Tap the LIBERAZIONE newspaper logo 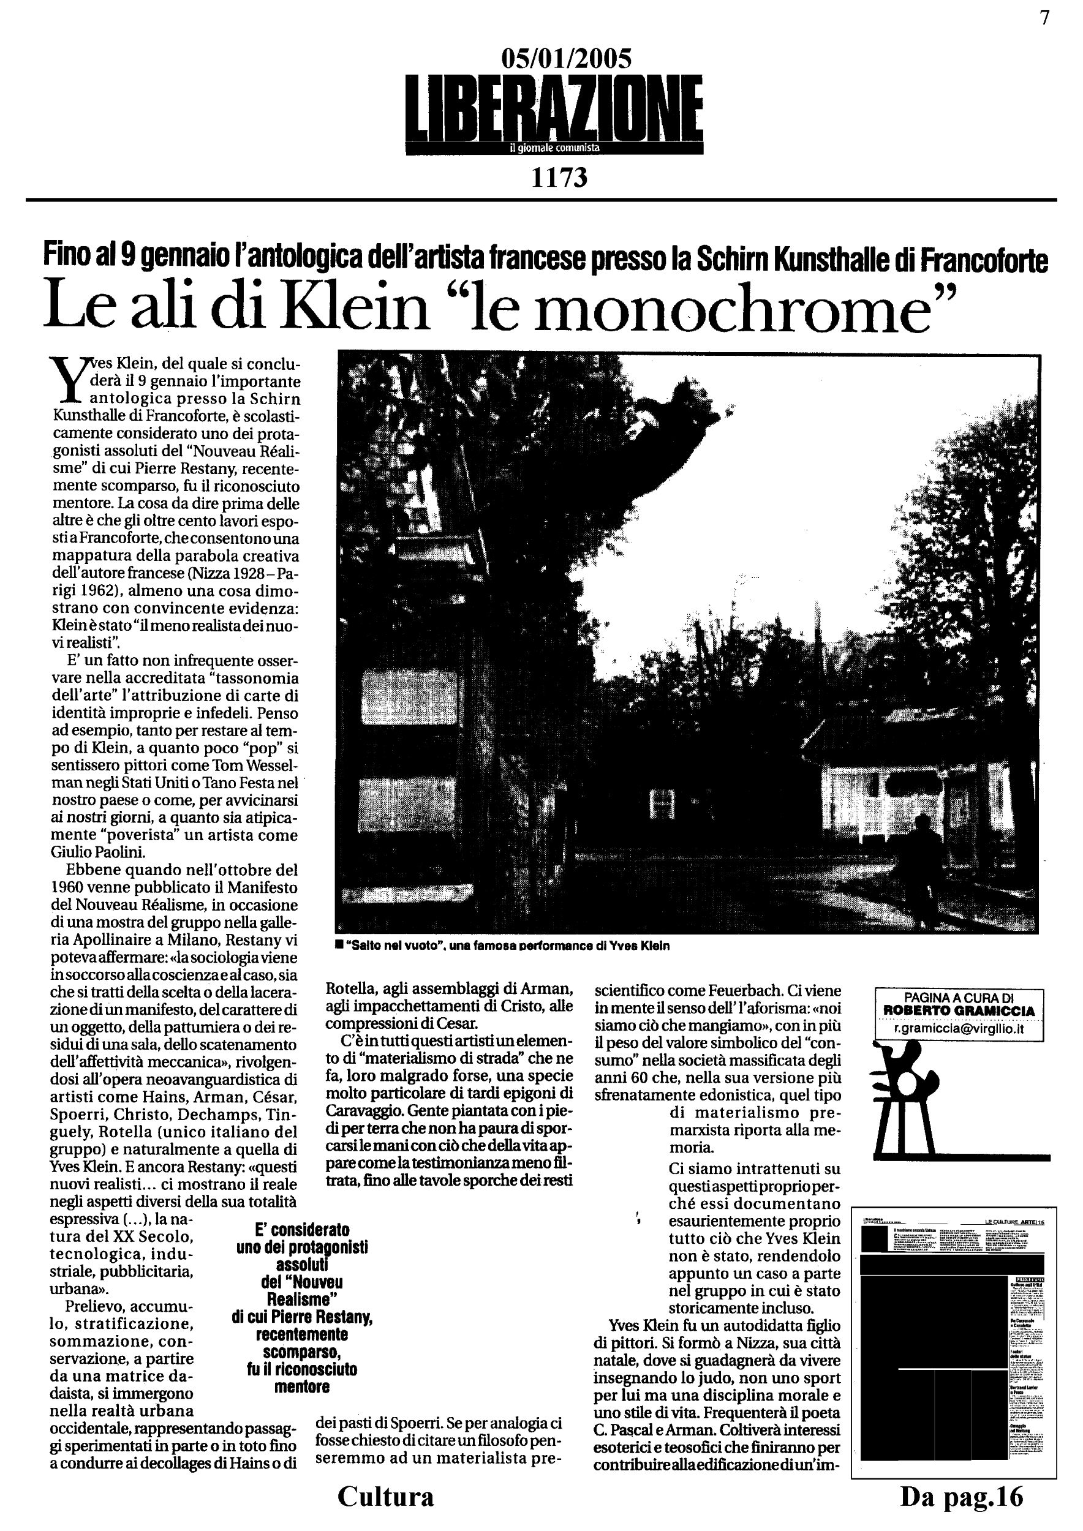click(x=554, y=106)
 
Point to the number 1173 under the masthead click(x=559, y=178)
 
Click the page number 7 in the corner click(x=1044, y=18)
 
